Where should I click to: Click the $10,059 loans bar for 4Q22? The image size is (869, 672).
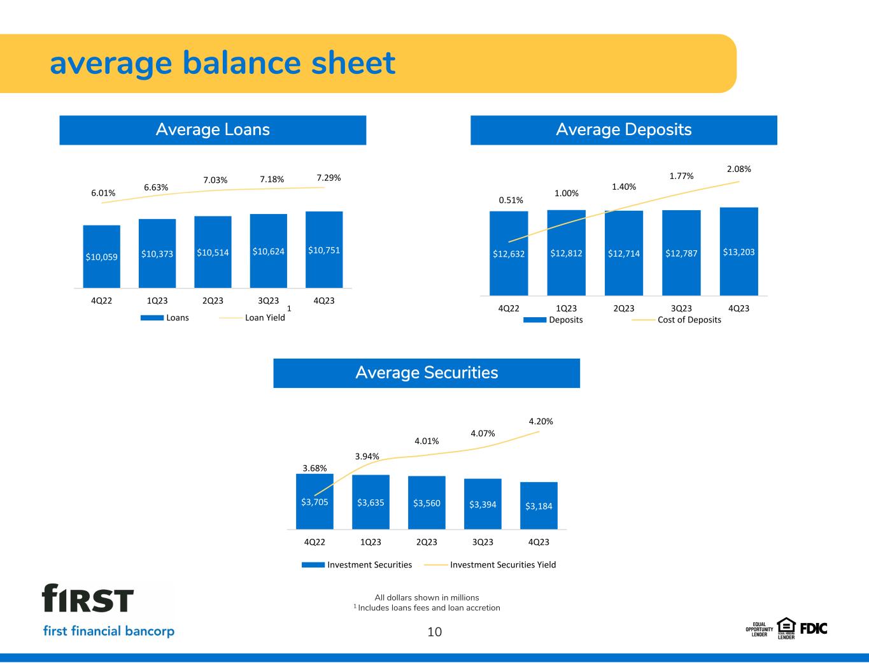click(x=101, y=257)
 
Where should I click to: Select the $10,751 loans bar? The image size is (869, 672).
click(x=324, y=250)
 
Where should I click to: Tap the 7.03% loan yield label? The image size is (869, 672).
click(x=215, y=180)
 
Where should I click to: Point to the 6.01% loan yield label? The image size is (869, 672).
click(x=103, y=193)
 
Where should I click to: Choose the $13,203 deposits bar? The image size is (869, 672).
click(x=738, y=252)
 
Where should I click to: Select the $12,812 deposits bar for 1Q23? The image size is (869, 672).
click(x=566, y=253)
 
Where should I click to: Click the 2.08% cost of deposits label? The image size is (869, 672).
click(x=738, y=169)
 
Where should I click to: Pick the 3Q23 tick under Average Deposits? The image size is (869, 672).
click(x=681, y=308)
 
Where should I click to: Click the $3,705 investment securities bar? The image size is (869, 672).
click(x=314, y=501)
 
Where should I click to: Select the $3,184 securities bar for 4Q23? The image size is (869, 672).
click(x=539, y=506)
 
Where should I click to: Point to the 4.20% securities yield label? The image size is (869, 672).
click(x=540, y=422)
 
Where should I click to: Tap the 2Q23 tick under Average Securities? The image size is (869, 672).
click(x=427, y=542)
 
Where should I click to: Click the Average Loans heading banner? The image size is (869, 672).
click(x=213, y=130)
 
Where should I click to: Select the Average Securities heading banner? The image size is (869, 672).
click(x=427, y=373)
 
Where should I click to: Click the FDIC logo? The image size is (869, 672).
click(x=813, y=628)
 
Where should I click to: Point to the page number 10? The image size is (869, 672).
click(x=434, y=632)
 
